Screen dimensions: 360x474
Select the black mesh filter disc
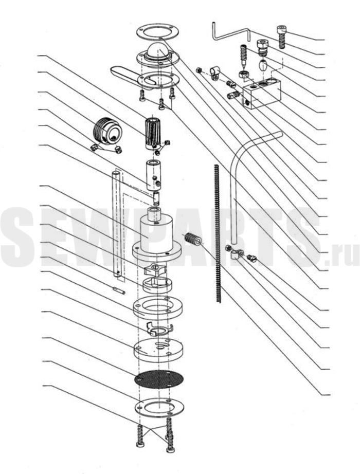[x=159, y=379]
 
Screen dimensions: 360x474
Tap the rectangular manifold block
[x=261, y=93]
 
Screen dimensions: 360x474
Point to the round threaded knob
[x=107, y=130]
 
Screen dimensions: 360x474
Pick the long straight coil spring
[x=218, y=233]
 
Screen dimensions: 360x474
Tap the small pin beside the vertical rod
[x=119, y=290]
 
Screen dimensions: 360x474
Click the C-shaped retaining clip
[x=158, y=329]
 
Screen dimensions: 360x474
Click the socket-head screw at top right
[x=281, y=37]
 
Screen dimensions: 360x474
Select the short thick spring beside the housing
[x=192, y=239]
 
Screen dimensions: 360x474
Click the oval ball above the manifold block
[x=263, y=65]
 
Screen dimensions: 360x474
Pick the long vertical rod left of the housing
[x=117, y=224]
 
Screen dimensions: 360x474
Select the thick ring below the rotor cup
[x=157, y=307]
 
